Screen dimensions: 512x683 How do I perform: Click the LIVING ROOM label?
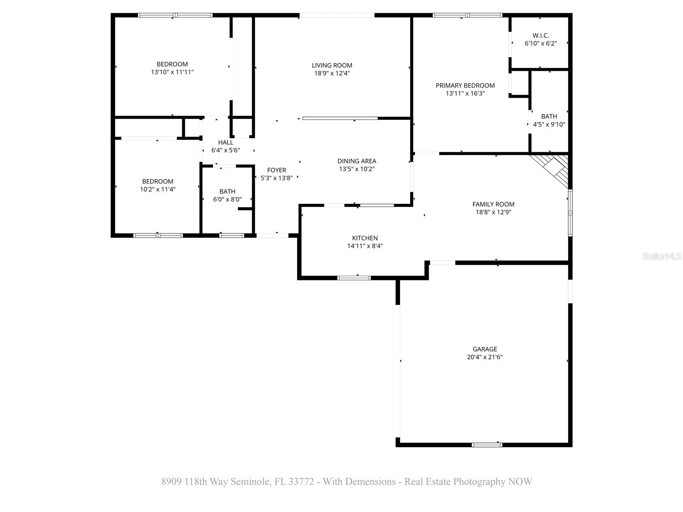[x=332, y=65]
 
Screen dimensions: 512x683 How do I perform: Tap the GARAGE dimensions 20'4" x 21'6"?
[x=485, y=357]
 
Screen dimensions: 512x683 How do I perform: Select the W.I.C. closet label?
[x=540, y=35]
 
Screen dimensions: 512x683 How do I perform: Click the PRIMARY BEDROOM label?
[x=465, y=85]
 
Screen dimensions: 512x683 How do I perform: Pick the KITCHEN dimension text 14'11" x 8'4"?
[x=365, y=246]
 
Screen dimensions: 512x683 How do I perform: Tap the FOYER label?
[x=276, y=170]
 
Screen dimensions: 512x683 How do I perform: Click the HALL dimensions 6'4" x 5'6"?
[x=225, y=150]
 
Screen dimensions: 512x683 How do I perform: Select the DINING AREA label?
[x=356, y=161]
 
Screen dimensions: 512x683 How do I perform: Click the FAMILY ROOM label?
[x=493, y=204]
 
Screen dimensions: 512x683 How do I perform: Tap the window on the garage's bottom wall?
[x=487, y=445]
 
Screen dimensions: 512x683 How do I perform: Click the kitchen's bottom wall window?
[x=354, y=278]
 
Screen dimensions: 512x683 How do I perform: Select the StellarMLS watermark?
[x=662, y=256]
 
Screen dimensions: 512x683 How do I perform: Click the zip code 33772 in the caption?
[x=301, y=482]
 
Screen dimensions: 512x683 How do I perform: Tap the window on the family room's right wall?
[x=570, y=212]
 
